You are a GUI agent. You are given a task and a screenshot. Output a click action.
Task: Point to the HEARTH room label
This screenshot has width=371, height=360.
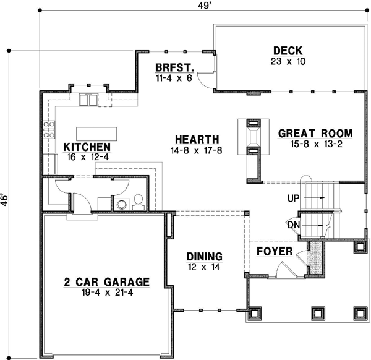point(197,139)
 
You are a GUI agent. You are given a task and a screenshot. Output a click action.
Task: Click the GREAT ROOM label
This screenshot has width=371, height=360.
point(315,133)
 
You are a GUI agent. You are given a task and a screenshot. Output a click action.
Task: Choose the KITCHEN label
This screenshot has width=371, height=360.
point(87,147)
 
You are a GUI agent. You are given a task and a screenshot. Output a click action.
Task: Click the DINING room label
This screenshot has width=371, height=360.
point(205,257)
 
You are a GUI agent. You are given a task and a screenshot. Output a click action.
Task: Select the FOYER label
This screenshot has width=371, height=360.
point(271,252)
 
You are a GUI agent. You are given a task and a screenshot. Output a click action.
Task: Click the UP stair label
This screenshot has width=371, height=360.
point(294,197)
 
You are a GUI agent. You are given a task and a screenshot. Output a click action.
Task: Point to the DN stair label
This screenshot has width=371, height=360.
point(293,225)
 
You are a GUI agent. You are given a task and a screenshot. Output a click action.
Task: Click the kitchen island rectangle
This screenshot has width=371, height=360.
point(96,134)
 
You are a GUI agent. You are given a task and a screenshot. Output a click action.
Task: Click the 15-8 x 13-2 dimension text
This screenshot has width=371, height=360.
point(315,144)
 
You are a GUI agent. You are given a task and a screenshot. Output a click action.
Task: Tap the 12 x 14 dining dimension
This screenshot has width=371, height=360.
point(205,267)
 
